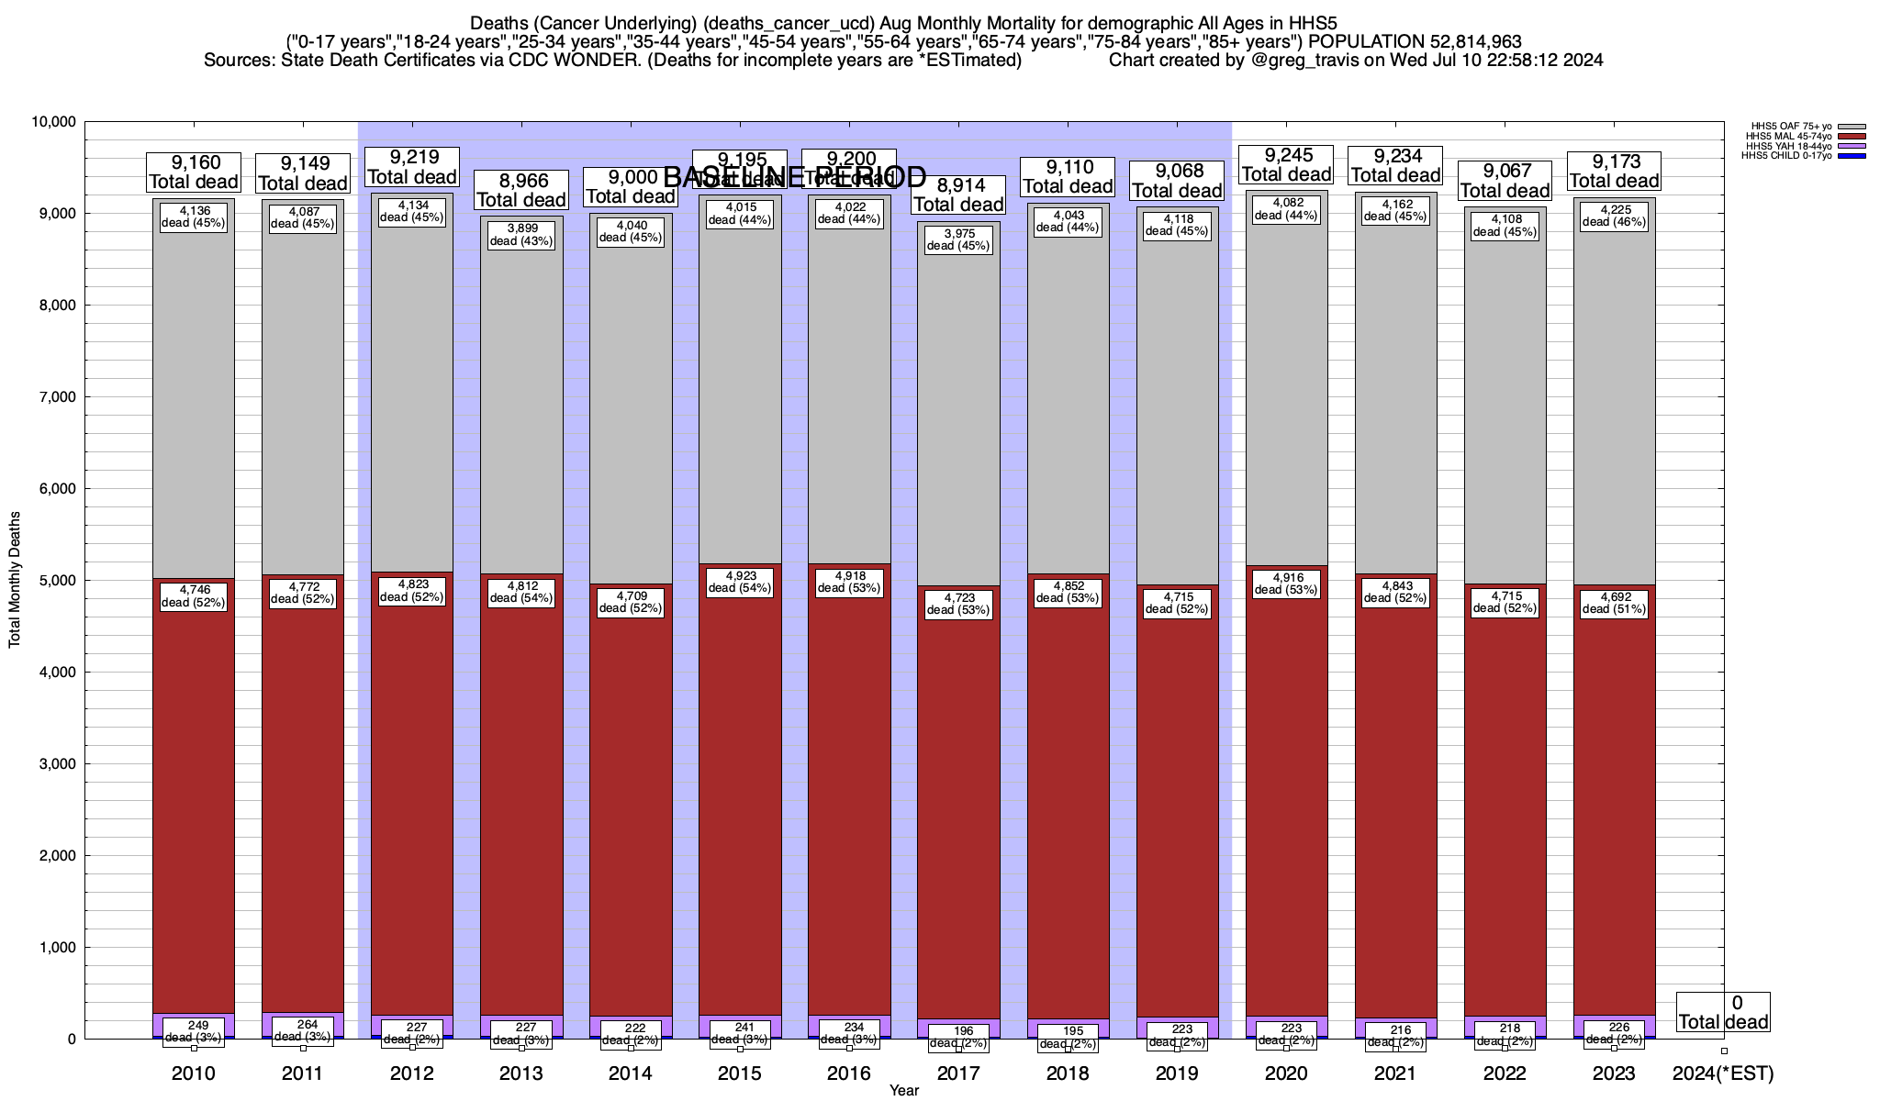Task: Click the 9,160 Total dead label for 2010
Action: tap(194, 172)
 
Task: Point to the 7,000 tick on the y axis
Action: tap(54, 397)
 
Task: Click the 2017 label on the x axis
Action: tap(958, 1073)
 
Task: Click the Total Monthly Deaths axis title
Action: tap(15, 580)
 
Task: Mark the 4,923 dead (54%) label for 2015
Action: tap(740, 583)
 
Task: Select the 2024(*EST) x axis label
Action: tap(1723, 1073)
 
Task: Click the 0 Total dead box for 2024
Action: tap(1723, 1012)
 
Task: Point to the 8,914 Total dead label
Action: tap(958, 195)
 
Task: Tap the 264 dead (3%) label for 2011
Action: tap(303, 1030)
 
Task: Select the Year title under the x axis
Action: tap(903, 1090)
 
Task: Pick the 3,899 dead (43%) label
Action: tap(521, 235)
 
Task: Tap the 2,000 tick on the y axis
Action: tap(54, 856)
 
